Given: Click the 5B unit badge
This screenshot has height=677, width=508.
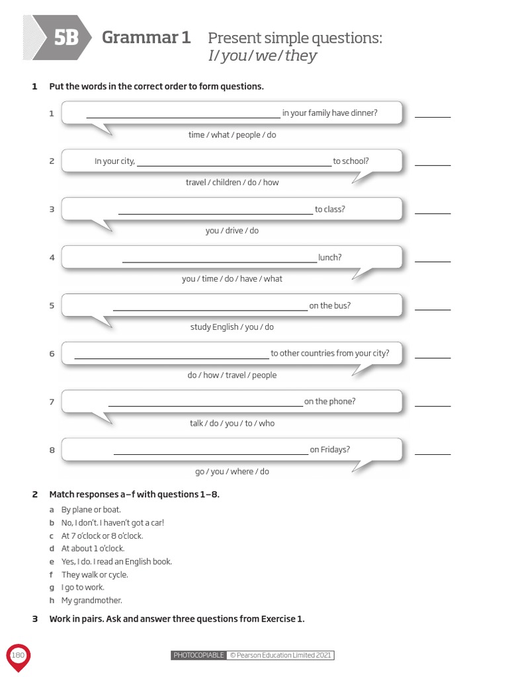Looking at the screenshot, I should [65, 38].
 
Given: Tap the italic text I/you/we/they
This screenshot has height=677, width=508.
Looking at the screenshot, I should [262, 56].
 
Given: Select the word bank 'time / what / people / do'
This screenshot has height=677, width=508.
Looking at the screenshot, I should [232, 135].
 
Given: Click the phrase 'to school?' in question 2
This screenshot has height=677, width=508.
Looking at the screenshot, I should [351, 161].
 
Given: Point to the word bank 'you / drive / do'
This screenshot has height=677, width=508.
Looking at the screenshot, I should [232, 231].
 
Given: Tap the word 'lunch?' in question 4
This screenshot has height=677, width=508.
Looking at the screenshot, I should [329, 257].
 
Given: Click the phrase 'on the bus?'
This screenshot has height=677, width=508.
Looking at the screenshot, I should [329, 305].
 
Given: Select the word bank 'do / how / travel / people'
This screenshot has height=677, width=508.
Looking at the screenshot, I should [232, 375].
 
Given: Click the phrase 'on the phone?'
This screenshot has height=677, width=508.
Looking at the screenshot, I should [329, 401].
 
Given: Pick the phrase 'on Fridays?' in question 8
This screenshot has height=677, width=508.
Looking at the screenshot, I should [329, 450].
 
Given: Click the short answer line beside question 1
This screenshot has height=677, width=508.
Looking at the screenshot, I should [433, 116].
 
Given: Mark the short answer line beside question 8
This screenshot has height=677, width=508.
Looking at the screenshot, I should [433, 454].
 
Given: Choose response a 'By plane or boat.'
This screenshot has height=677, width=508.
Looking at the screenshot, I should [91, 510].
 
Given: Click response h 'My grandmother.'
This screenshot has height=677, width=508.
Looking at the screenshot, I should [92, 600].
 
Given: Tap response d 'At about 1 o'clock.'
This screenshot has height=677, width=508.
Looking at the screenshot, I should [93, 548].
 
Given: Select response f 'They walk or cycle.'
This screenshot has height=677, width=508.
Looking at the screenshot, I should [95, 575].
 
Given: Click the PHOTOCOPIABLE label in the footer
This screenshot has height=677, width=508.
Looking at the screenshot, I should [198, 655].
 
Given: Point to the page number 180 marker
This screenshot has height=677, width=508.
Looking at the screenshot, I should [18, 655].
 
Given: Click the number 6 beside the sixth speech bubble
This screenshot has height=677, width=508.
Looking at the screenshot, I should [52, 354].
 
